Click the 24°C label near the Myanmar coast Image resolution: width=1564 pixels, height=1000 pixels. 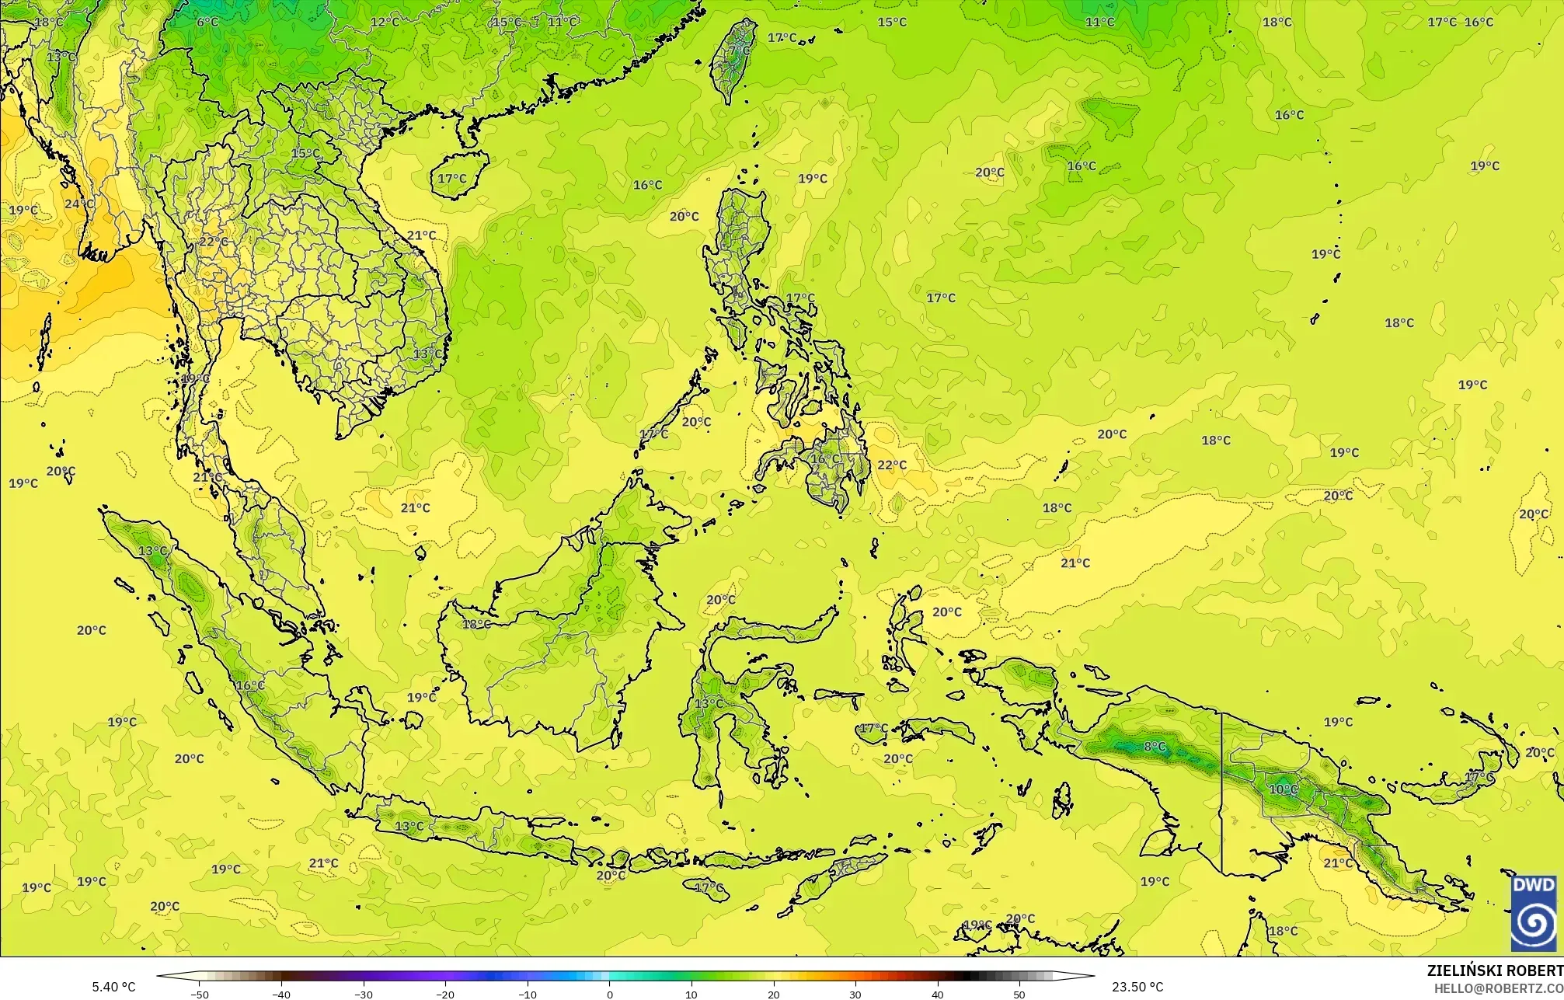point(78,204)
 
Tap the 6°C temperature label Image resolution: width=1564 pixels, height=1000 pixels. point(207,22)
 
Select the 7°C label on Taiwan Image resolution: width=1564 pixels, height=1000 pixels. point(740,51)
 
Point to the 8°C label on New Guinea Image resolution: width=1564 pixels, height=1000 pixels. point(1155,747)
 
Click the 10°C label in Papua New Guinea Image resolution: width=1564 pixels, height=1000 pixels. point(1283,789)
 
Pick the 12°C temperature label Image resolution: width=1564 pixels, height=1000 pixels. point(385,22)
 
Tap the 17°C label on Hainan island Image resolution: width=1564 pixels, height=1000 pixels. point(452,179)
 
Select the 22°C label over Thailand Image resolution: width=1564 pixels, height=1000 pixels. point(214,242)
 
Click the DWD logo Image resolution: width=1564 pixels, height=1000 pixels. point(1534,913)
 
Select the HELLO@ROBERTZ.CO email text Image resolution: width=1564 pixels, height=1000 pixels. point(1498,988)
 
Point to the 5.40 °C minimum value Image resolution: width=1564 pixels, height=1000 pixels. point(113,987)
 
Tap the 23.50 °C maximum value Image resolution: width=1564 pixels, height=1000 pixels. point(1137,987)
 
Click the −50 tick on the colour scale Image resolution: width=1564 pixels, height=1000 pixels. point(200,994)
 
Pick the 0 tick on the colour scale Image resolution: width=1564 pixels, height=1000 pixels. point(610,994)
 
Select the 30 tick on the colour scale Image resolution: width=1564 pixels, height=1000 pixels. point(855,994)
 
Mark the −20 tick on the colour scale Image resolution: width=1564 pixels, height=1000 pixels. point(445,994)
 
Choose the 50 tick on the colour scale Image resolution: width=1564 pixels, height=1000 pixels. point(1019,994)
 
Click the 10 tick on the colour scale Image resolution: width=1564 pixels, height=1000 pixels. point(691,994)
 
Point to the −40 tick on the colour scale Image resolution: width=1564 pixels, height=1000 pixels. point(281,994)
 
